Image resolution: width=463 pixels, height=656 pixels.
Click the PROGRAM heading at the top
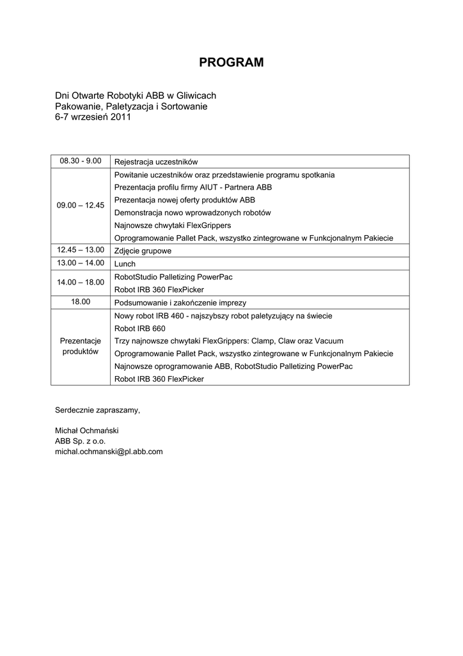coord(231,62)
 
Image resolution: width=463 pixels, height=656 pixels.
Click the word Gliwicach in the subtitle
coord(195,95)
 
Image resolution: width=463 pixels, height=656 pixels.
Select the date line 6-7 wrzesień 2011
coord(93,118)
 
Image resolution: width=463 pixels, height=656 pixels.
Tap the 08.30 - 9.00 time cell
coord(81,161)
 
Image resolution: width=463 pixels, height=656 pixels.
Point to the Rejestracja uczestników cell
coord(157,162)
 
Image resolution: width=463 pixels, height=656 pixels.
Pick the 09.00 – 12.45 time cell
coord(81,206)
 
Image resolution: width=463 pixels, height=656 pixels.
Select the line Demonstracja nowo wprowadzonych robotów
coord(192,212)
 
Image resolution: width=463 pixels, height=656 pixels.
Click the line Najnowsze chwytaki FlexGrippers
coord(173,225)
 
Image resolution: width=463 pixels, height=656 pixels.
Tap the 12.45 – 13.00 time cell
coord(81,250)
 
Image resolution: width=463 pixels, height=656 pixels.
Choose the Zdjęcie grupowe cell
coord(143,251)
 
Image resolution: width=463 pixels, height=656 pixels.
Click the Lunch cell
coord(125,263)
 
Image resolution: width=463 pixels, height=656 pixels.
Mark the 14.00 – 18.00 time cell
coord(81,283)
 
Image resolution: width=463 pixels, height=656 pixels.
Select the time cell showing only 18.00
coord(81,302)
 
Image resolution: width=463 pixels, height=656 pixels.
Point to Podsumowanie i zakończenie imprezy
coord(180,302)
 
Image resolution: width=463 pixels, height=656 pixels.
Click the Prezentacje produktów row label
coord(81,347)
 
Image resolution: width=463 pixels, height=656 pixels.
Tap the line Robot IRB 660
coord(139,328)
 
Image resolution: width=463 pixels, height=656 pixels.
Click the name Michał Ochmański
coord(87,430)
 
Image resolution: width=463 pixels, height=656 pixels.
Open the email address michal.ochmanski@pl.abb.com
coord(109,452)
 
